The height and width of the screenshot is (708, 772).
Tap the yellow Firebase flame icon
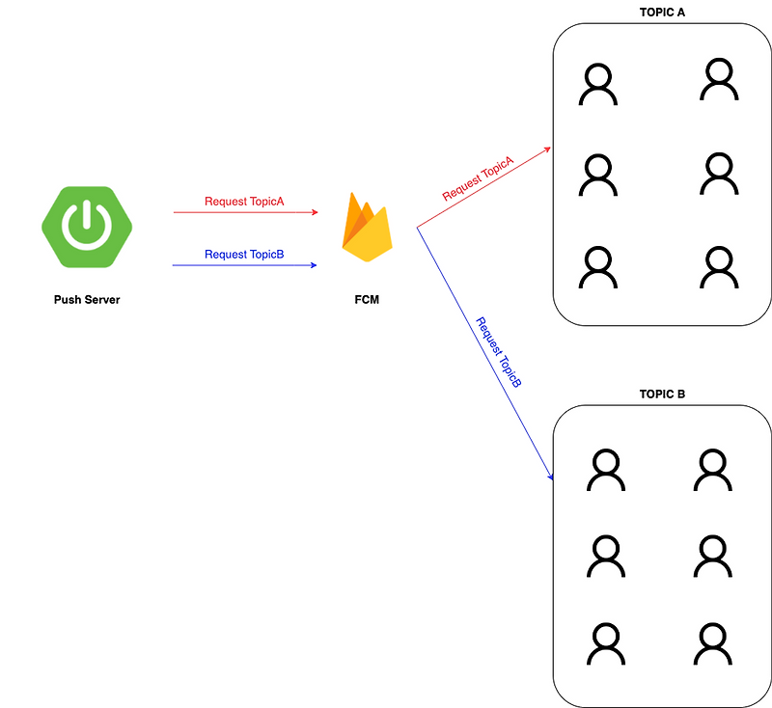point(367,228)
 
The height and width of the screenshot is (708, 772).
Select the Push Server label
point(87,300)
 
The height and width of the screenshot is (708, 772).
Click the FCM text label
point(367,300)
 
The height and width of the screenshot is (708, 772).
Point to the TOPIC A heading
point(662,13)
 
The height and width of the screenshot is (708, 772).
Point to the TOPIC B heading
point(662,395)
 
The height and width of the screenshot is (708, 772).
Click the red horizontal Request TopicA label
point(244,202)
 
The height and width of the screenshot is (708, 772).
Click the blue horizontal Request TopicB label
point(244,255)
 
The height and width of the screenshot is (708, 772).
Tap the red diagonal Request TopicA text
point(478,178)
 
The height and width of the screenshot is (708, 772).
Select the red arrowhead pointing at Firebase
point(313,211)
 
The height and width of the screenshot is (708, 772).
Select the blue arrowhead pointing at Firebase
point(313,264)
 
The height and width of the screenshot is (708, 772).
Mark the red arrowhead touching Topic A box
point(546,149)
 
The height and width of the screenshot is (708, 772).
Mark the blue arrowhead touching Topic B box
point(549,476)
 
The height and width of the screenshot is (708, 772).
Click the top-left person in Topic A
point(597,84)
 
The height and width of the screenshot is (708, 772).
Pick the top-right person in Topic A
point(718,79)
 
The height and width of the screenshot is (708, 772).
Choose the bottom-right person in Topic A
point(718,267)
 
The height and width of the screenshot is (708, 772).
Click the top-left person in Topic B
point(606,470)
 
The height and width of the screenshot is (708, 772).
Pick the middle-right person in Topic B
point(711,557)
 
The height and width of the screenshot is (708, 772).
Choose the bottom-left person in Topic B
point(606,643)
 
